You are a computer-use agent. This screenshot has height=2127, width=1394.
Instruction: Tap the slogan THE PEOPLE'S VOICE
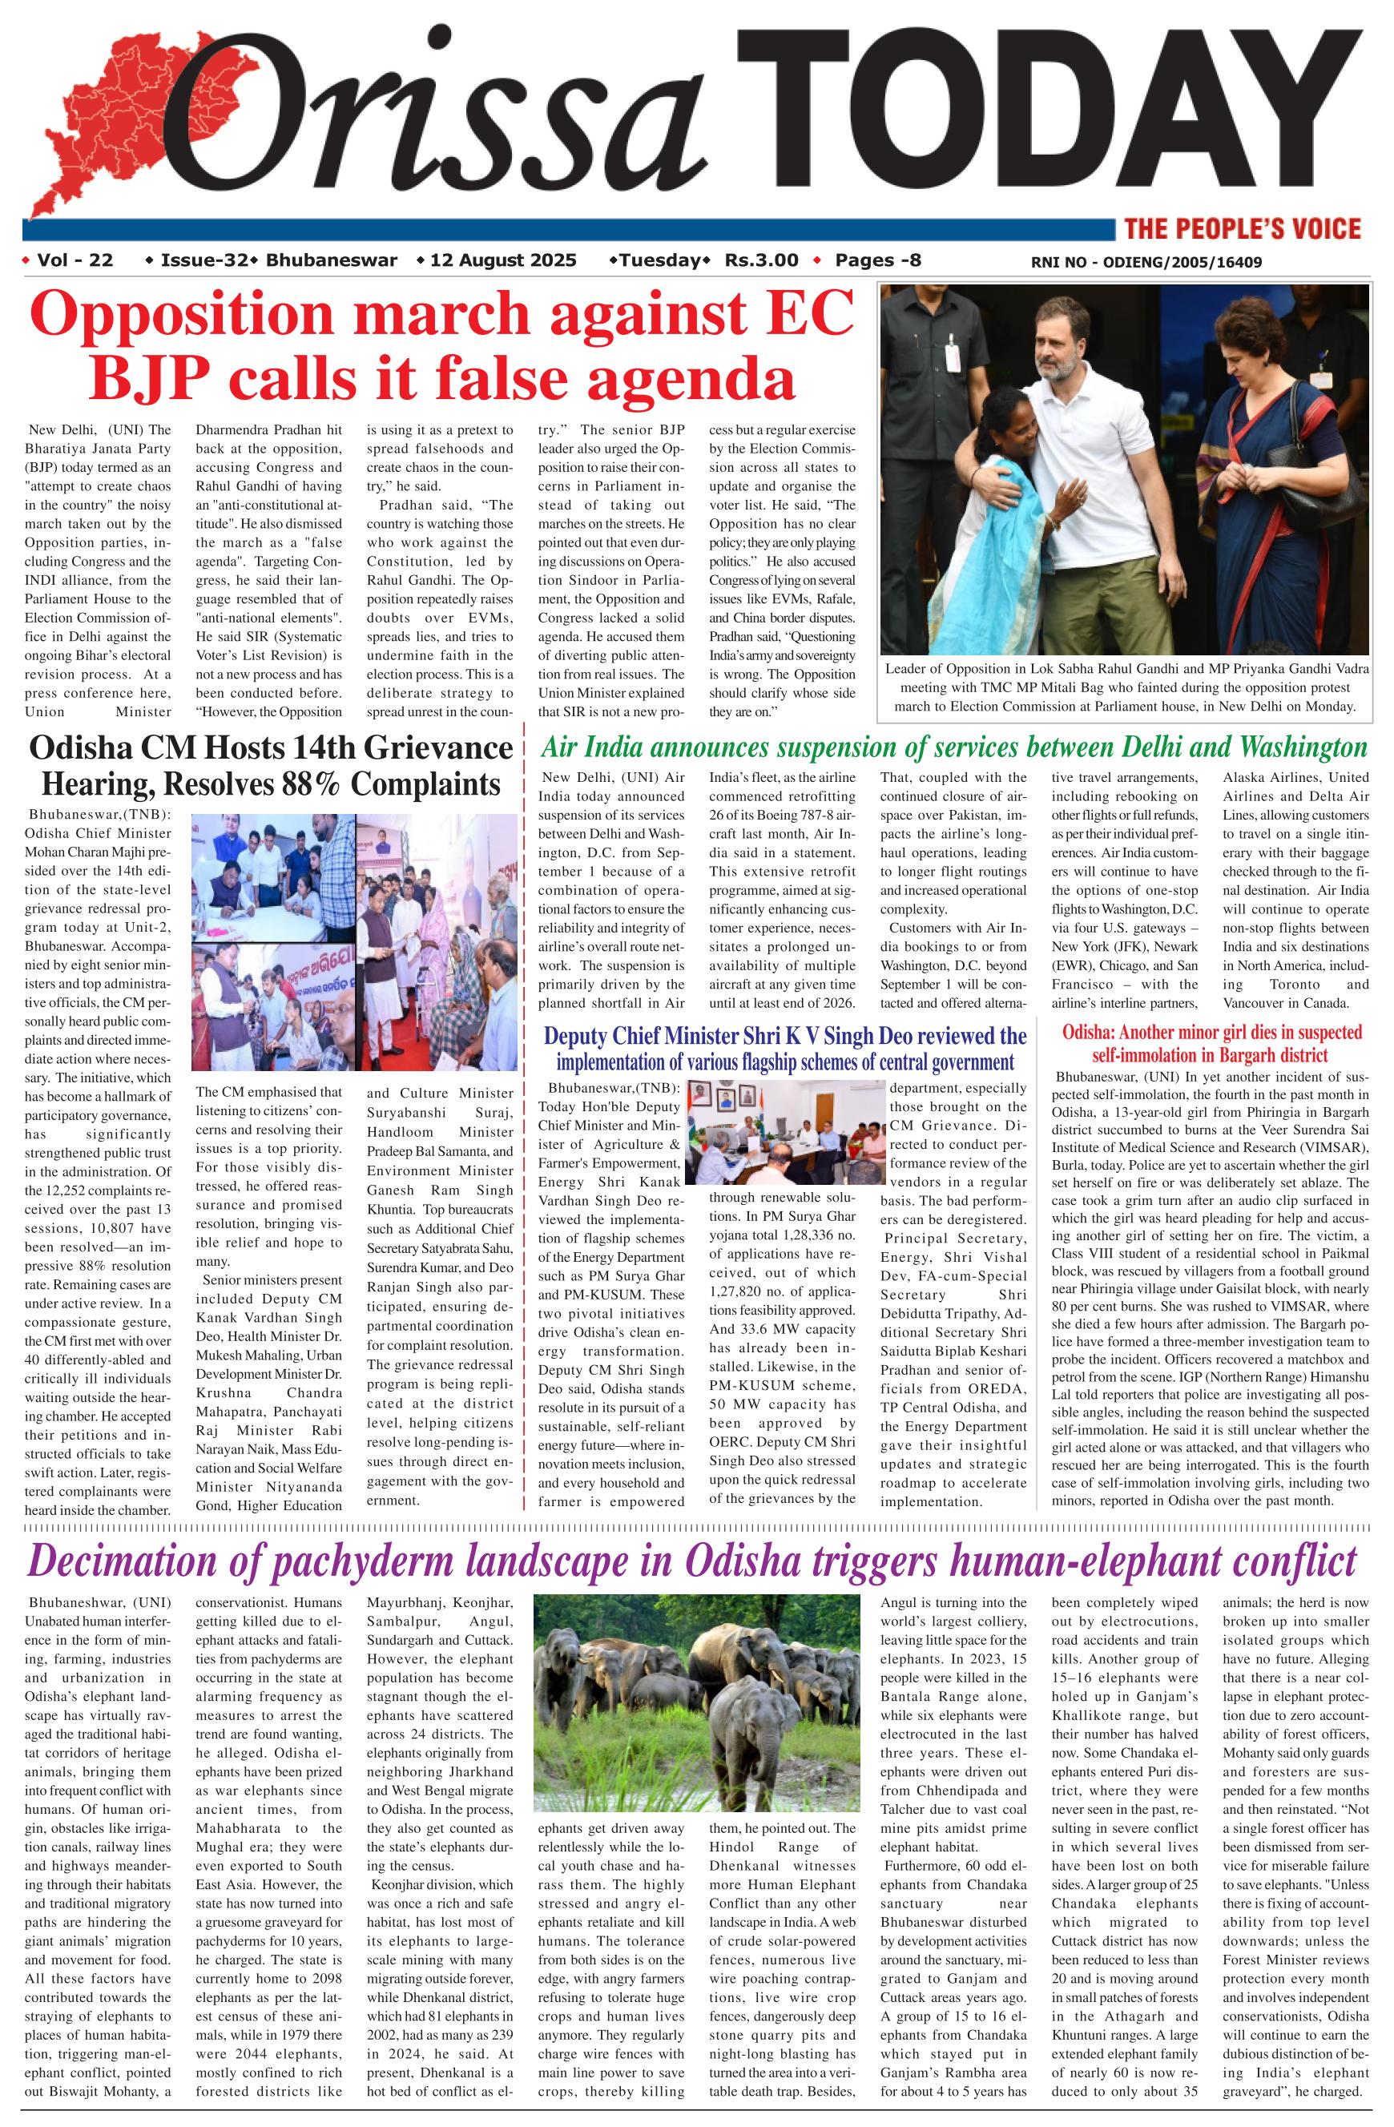[x=1242, y=229]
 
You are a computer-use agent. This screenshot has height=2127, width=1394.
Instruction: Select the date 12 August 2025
[x=503, y=261]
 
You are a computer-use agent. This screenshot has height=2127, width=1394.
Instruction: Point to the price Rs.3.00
[x=761, y=261]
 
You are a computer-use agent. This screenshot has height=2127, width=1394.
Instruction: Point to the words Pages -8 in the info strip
[x=877, y=261]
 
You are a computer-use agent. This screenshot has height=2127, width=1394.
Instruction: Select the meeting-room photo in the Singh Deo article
[x=784, y=1132]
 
